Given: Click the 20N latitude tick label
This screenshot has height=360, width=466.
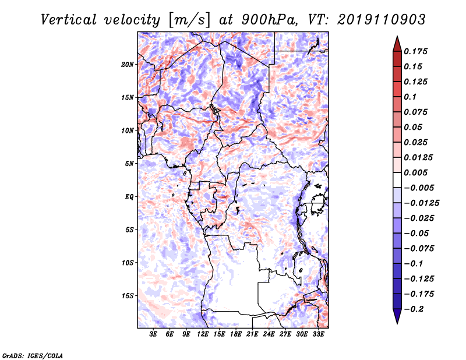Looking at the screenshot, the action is point(128,65).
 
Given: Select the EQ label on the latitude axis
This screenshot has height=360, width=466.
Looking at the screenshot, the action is point(129,197).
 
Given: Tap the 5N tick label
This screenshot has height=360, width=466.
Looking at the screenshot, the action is point(129,164).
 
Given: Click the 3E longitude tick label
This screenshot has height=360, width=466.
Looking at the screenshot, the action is point(153,334).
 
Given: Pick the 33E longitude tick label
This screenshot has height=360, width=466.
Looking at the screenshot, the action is point(318,334).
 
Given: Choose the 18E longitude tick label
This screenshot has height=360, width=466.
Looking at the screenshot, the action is point(236,334).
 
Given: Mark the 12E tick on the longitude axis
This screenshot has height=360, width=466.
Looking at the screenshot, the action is point(203,334).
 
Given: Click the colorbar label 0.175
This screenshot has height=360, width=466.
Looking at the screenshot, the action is point(415,51).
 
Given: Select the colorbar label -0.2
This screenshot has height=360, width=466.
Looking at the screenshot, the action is point(414,309).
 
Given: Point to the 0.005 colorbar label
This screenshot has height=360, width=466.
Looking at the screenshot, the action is point(415,172).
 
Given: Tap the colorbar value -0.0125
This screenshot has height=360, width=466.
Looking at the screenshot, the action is point(421,203).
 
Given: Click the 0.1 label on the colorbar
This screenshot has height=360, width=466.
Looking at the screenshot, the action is point(410,97).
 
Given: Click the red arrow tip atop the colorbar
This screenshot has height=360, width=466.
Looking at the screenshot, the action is point(397,36).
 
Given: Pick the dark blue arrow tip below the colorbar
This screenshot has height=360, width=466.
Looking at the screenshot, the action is point(397,324).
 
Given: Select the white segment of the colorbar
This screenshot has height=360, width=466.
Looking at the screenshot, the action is point(397,180).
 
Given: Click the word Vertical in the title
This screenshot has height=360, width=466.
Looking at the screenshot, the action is point(69,20).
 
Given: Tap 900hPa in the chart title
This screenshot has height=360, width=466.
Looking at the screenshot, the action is point(270,20).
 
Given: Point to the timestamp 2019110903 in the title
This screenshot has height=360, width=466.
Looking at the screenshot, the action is point(382,20).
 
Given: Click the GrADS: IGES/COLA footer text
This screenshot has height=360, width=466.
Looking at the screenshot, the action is point(33,355).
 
